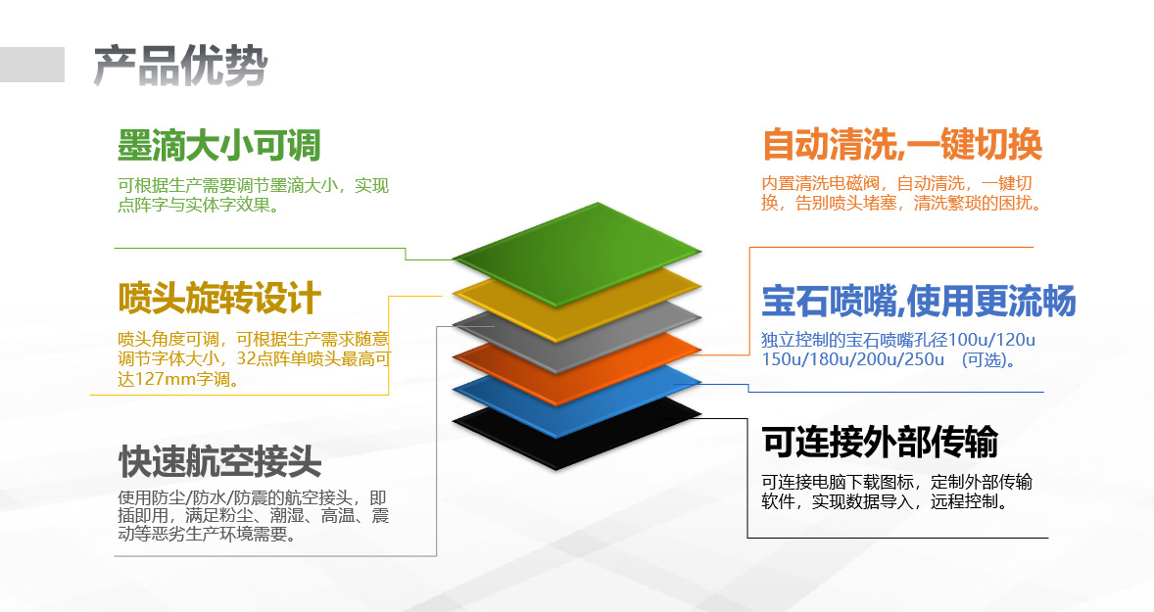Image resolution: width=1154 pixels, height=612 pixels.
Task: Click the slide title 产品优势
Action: point(180,67)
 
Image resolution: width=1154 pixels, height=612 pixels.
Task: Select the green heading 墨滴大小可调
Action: point(218,146)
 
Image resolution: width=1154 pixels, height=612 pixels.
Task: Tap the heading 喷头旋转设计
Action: point(219,298)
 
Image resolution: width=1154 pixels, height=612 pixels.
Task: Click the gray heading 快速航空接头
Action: point(219,459)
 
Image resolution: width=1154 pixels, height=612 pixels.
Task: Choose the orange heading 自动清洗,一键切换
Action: point(901,145)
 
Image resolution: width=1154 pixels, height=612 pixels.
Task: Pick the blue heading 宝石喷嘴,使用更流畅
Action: point(918,301)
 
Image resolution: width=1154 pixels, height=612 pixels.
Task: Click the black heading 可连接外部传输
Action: point(879,442)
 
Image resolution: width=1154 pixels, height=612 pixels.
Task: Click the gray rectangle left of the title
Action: point(32,65)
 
